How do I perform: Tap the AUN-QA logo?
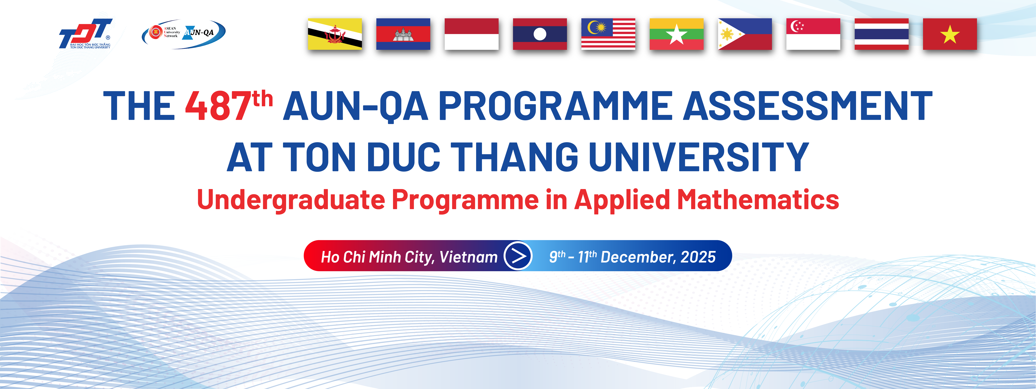(x=184, y=34)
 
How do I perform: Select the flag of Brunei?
(x=335, y=34)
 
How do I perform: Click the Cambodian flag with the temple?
(x=403, y=34)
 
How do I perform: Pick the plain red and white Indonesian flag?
(x=471, y=34)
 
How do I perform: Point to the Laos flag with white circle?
(x=540, y=34)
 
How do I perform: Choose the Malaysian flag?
(x=608, y=34)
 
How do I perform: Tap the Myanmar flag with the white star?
(x=676, y=34)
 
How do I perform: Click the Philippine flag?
(x=745, y=34)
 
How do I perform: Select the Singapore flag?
(x=813, y=34)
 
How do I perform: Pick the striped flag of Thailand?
(x=882, y=34)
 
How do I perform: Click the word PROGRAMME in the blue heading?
(x=555, y=105)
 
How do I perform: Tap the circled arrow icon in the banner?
(x=518, y=256)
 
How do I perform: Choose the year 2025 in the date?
(x=698, y=257)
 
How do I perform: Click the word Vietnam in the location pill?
(x=469, y=257)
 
